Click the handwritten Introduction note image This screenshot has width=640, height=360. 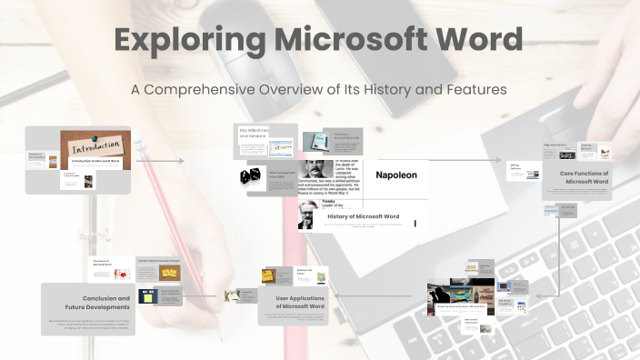[x=96, y=145]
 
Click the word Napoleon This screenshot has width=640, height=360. [x=396, y=175]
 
